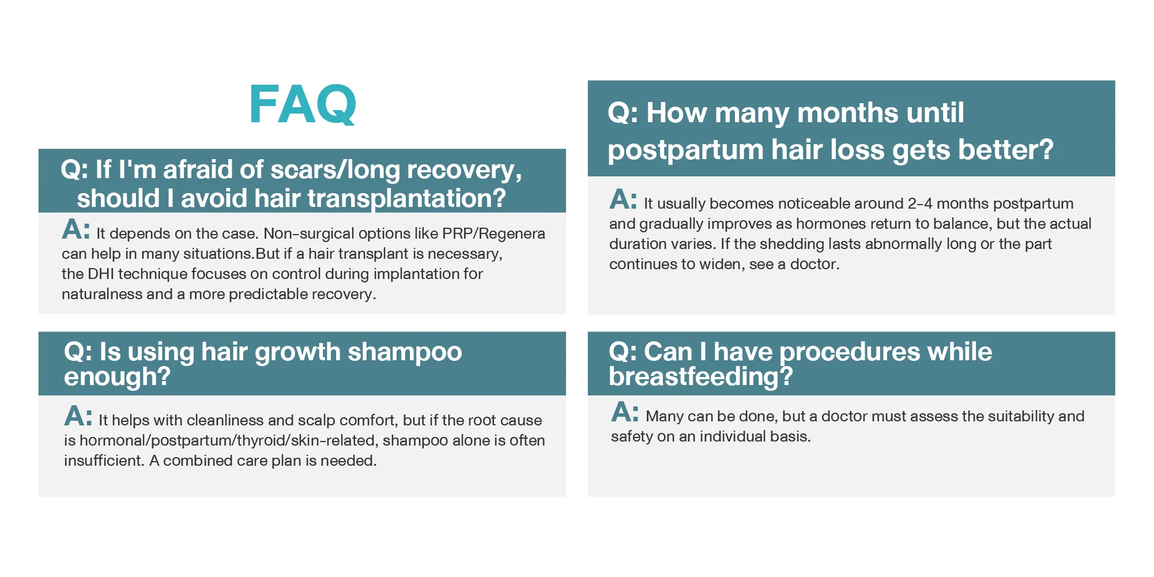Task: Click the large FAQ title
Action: tap(303, 104)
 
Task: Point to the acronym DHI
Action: tap(101, 274)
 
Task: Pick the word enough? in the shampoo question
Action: tap(117, 376)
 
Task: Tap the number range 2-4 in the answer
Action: tap(920, 203)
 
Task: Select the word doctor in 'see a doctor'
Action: tap(814, 264)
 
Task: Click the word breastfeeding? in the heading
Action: tap(701, 377)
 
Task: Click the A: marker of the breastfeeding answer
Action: tap(625, 413)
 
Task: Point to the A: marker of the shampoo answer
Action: tap(78, 416)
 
